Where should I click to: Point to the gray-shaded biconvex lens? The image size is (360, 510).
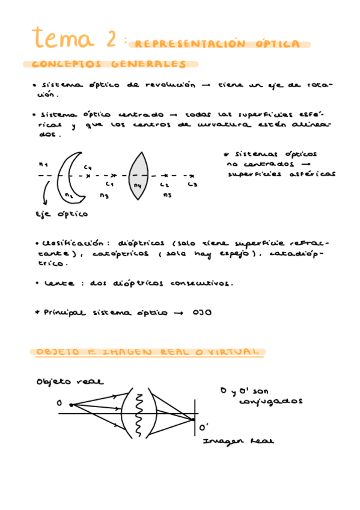click(139, 175)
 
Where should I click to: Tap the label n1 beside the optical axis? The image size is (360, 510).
click(43, 164)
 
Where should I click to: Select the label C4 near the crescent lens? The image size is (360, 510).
click(88, 167)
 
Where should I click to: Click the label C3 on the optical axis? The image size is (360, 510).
click(192, 185)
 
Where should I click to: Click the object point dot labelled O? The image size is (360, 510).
click(71, 404)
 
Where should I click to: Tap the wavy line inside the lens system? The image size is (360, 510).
click(139, 414)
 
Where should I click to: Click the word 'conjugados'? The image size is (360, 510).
click(278, 402)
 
